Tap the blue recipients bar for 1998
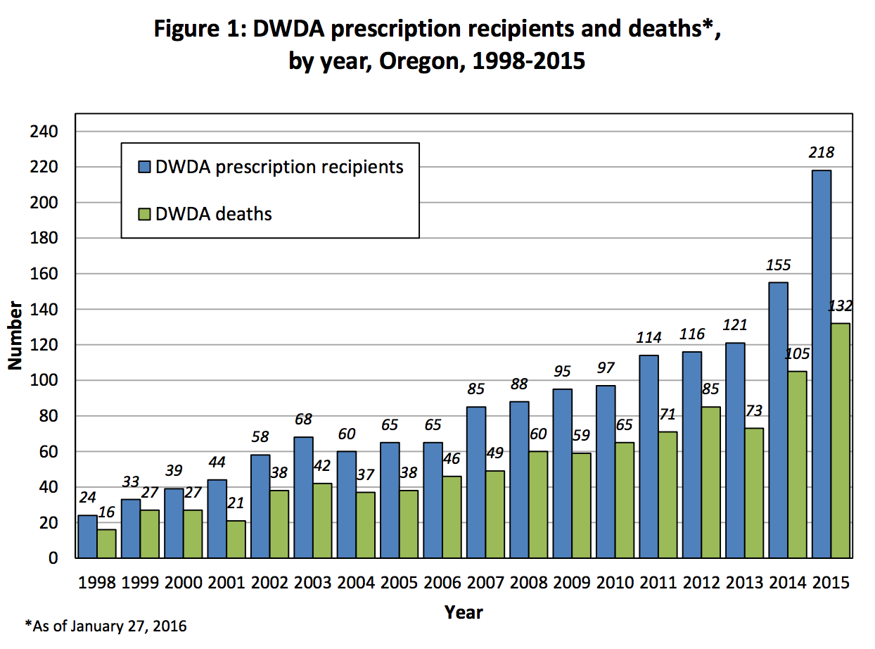(x=87, y=536)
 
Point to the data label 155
(x=777, y=265)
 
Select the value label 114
(x=648, y=338)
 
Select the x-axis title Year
(x=464, y=612)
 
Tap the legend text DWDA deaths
(x=213, y=213)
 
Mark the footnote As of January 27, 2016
(x=106, y=626)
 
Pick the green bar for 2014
(x=797, y=465)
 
